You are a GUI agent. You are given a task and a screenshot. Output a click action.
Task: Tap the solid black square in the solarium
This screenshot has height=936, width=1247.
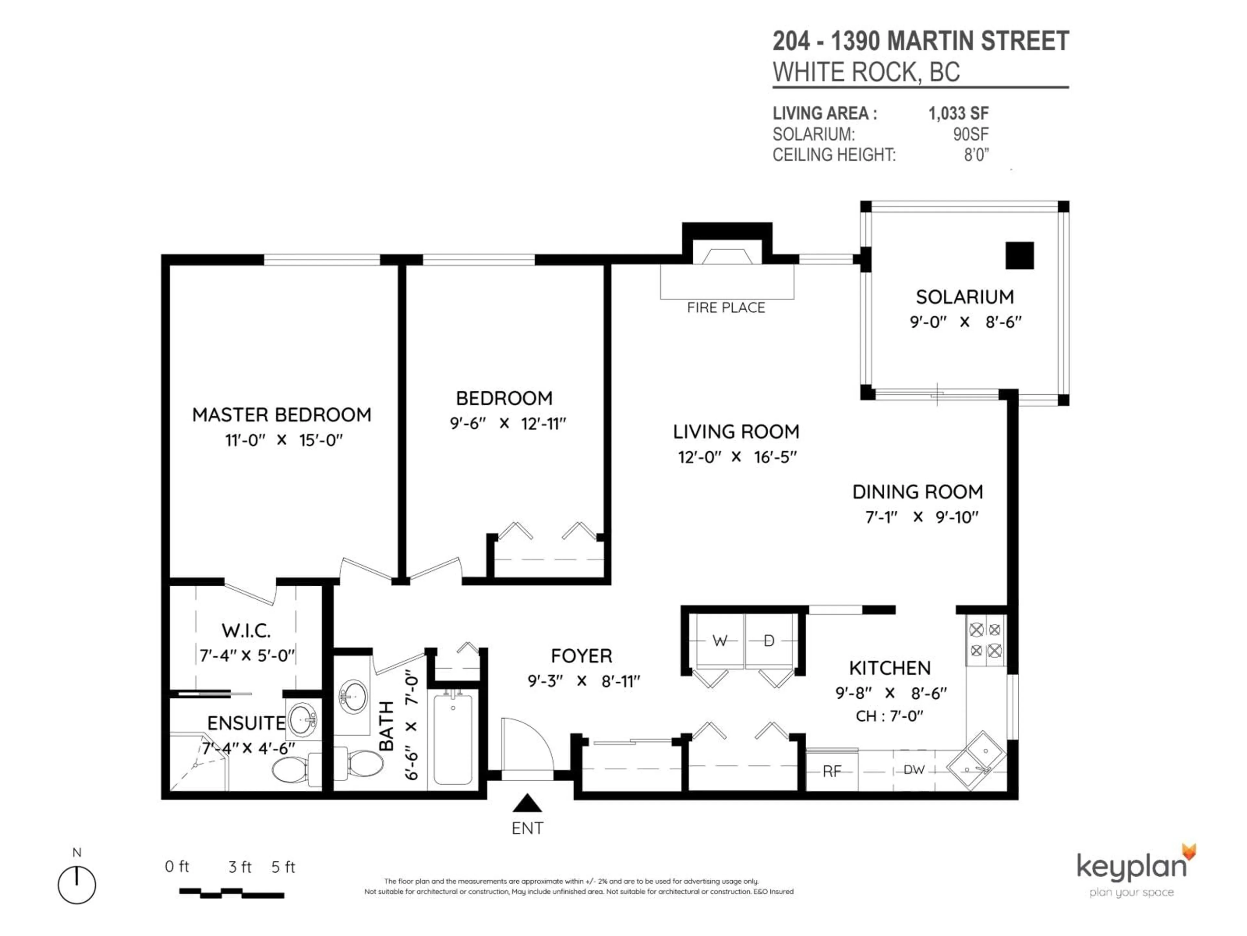[x=1020, y=255]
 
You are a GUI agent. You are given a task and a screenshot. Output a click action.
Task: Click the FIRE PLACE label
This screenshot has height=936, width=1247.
[x=726, y=307]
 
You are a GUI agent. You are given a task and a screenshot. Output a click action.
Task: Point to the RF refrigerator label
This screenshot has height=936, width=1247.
[x=832, y=771]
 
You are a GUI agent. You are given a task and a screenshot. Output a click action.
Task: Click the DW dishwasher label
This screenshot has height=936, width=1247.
[x=914, y=770]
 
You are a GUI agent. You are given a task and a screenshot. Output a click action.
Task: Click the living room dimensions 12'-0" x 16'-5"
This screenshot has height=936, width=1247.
[x=737, y=457]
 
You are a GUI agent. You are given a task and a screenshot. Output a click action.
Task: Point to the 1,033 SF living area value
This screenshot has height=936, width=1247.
[x=958, y=113]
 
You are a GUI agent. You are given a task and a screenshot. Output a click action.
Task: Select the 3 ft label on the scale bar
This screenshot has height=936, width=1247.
[x=240, y=867]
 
